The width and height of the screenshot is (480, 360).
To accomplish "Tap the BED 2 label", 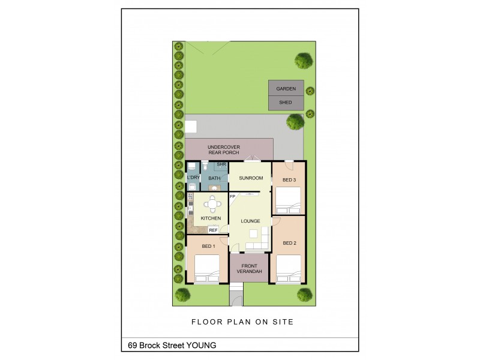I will click(290, 243).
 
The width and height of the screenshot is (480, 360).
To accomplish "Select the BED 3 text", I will click(289, 180).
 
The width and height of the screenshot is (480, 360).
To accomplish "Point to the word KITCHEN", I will click(211, 218).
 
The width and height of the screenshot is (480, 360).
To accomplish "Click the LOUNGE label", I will click(250, 221).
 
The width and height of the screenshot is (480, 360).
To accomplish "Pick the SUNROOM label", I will click(251, 178).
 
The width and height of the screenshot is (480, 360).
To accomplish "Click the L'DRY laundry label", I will click(193, 178).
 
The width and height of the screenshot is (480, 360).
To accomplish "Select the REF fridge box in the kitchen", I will click(213, 229).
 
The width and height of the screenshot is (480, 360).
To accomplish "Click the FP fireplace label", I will click(232, 196).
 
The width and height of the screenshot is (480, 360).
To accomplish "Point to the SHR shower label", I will click(221, 164).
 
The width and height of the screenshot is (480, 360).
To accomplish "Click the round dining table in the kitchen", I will click(212, 202).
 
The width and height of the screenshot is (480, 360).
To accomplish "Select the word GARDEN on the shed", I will click(286, 89).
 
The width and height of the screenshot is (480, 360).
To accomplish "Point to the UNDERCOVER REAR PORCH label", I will click(223, 149).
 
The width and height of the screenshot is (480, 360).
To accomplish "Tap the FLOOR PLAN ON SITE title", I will click(242, 322).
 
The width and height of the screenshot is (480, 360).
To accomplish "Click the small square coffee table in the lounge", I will click(255, 233).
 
